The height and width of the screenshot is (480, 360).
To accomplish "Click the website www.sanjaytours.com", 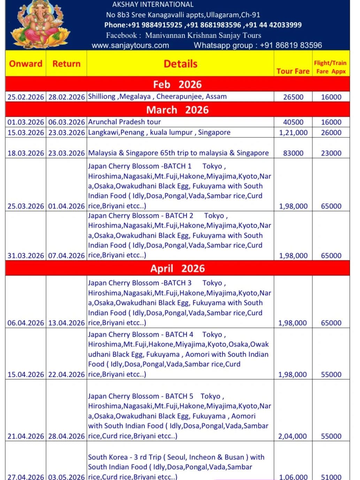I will pyautogui.click(x=130, y=45).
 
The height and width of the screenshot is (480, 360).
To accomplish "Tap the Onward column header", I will pyautogui.click(x=25, y=64).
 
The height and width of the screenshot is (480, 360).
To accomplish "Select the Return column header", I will pyautogui.click(x=66, y=64).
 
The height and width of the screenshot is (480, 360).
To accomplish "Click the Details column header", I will pyautogui.click(x=180, y=64).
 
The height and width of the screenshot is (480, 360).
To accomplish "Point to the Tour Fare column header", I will pyautogui.click(x=293, y=71).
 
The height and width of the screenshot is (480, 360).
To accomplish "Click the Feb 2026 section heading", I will pyautogui.click(x=177, y=84).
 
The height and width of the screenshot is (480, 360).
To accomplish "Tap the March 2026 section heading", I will pyautogui.click(x=177, y=110).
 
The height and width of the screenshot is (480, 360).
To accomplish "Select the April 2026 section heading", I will pyautogui.click(x=177, y=268).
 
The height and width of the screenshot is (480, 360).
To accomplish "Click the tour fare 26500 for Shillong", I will pyautogui.click(x=293, y=97).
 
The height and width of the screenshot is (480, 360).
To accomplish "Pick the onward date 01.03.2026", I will pyautogui.click(x=26, y=122).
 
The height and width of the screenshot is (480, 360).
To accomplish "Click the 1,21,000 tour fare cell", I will pyautogui.click(x=293, y=132).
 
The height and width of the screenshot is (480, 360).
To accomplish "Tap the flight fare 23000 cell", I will pyautogui.click(x=331, y=153).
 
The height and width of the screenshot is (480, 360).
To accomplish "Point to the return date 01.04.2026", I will pyautogui.click(x=67, y=206).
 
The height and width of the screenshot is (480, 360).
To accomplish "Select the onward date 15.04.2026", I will pyautogui.click(x=26, y=374).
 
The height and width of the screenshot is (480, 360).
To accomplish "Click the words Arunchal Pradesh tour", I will pyautogui.click(x=124, y=122).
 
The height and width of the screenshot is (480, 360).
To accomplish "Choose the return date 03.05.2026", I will pyautogui.click(x=67, y=477).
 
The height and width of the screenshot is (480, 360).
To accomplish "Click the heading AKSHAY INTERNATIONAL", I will pyautogui.click(x=153, y=5).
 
